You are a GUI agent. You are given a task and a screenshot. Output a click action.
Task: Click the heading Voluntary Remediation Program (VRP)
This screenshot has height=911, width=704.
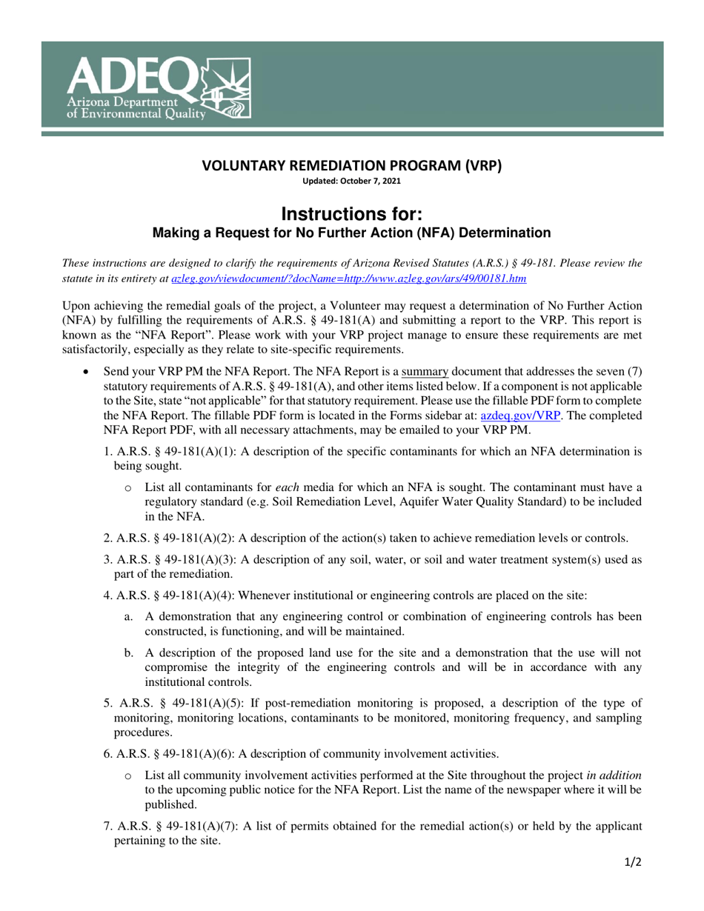[x=352, y=166]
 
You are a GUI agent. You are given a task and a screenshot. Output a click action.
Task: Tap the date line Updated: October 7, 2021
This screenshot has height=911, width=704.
[x=352, y=181]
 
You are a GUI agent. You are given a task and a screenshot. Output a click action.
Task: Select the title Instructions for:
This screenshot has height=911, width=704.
[x=352, y=214]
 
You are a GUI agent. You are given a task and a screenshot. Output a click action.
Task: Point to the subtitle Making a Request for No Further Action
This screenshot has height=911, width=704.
[x=351, y=233]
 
